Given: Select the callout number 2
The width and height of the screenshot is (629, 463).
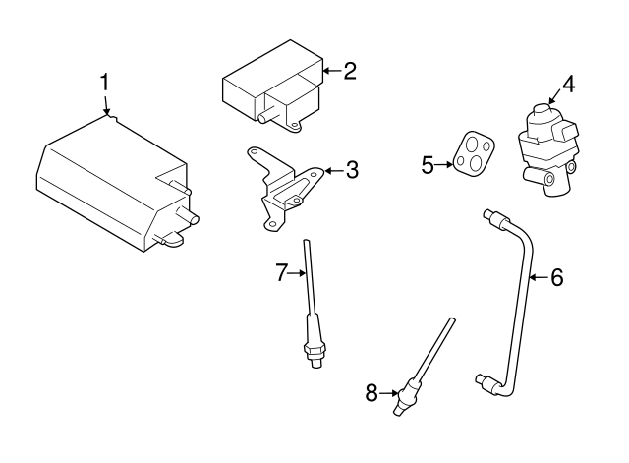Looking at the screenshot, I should click(348, 71).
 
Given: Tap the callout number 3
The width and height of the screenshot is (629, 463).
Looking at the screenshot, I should click(351, 171).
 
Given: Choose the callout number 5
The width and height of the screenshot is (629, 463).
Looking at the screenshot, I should click(428, 164).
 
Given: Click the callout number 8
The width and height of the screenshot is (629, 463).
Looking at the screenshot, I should click(372, 393).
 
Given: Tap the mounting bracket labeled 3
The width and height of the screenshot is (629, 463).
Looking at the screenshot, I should click(285, 187).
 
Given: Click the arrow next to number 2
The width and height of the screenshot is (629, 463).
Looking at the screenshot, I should click(328, 71).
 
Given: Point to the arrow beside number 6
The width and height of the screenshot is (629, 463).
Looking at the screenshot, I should click(537, 278).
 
